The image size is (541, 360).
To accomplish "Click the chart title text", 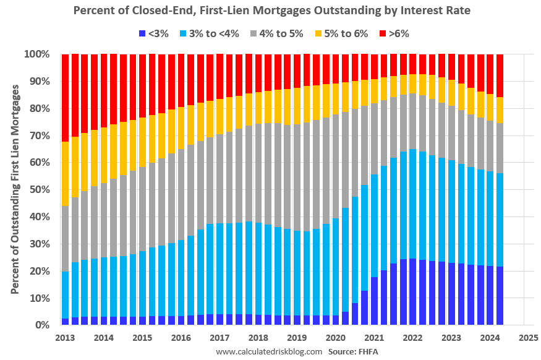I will (x=270, y=11).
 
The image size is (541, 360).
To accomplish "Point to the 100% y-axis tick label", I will (x=36, y=54).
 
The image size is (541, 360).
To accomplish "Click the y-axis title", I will (x=15, y=189).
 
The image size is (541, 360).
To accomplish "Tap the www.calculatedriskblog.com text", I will (x=269, y=351).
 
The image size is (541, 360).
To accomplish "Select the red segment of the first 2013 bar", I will (x=65, y=98).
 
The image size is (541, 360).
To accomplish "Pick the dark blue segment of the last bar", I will (x=500, y=296).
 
